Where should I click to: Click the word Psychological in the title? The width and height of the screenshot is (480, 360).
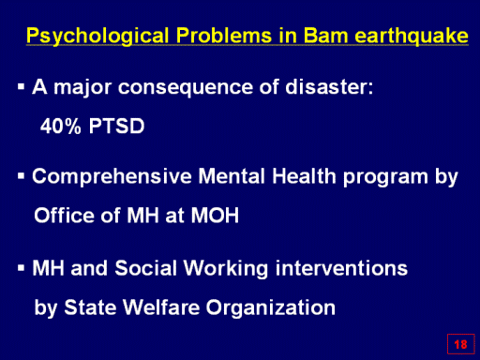coord(97,37)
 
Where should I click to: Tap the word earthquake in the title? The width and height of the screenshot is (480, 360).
coord(412,37)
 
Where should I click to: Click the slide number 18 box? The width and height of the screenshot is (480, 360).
coord(460,344)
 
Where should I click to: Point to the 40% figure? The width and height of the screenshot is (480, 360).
coord(61,126)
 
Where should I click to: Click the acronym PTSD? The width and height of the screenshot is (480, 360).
coord(116,126)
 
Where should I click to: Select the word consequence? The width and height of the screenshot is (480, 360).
coord(186,87)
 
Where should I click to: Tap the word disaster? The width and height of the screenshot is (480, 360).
coord(329,86)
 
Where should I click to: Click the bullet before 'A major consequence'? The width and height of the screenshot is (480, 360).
coord(21,86)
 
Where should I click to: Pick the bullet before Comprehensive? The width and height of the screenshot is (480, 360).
coord(21,176)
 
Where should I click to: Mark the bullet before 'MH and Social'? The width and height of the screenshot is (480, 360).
coord(21,268)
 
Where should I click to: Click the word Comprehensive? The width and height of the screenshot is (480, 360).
coord(112,177)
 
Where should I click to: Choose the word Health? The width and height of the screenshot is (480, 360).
coord(304,176)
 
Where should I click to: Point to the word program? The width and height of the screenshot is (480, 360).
coord(385,178)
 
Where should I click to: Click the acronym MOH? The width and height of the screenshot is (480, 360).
coord(215,216)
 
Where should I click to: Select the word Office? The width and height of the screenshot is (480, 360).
coord(64,215)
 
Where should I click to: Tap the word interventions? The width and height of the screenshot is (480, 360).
coord(341,268)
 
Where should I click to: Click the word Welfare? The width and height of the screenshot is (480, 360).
coord(161,307)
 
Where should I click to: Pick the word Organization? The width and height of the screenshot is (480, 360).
coord(271,308)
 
